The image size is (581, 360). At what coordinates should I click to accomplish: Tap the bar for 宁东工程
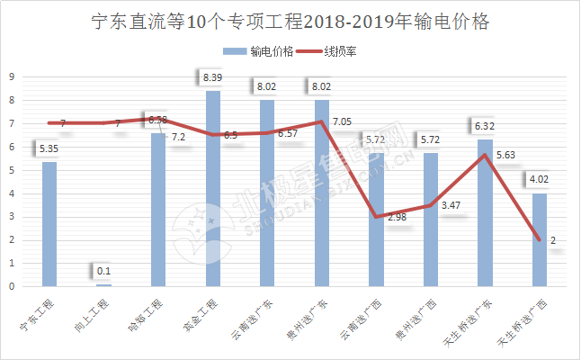coord(49,225)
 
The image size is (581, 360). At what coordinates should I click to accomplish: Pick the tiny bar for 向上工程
coord(104,284)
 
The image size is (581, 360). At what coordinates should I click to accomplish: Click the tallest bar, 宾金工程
coord(213,189)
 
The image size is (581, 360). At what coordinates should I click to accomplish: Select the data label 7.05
coord(343,121)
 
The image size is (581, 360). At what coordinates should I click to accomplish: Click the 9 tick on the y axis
coord(11,76)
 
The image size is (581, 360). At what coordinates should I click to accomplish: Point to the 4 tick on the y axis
coord(11,193)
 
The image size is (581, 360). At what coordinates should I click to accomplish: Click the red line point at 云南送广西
coord(376,217)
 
